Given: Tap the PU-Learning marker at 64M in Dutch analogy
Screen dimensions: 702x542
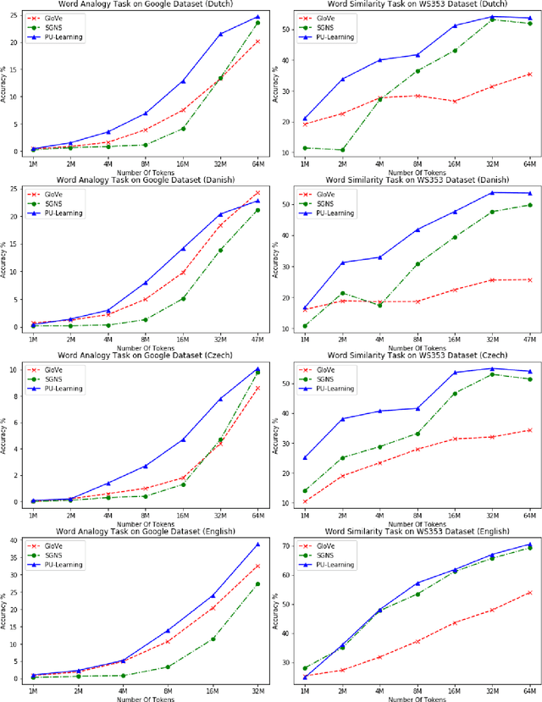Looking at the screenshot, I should click(x=257, y=16).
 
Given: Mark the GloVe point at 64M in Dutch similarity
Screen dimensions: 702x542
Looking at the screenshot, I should click(x=529, y=75).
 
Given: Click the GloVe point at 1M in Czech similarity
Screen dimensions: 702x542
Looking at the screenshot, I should click(x=305, y=501).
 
